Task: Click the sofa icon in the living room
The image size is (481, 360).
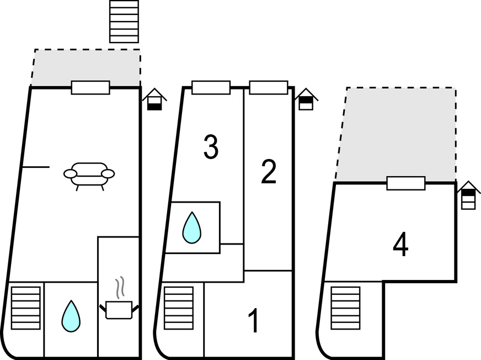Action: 89,175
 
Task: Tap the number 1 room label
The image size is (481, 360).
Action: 253,321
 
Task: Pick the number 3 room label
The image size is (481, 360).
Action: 211,147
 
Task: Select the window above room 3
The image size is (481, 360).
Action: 211,87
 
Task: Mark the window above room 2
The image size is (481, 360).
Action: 269,87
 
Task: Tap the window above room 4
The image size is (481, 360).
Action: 406,183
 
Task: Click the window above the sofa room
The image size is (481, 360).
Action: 90,87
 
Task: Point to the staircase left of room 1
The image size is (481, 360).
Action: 179,308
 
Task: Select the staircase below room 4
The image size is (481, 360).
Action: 345,308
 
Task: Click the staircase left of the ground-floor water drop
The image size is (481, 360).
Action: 26,308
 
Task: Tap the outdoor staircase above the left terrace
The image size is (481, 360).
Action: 124,21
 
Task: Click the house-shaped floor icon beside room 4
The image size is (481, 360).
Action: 468,195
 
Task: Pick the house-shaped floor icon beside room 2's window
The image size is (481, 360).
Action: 306,99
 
